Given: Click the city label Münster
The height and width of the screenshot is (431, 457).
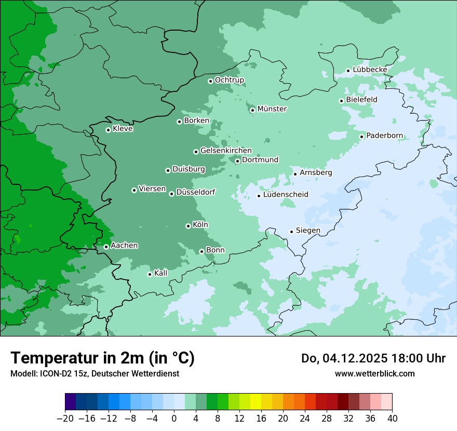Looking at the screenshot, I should pos(272,109).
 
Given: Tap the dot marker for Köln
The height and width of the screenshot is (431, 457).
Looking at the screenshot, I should pos(188,226).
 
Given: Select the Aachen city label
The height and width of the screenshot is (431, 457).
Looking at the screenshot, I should pos(124,246).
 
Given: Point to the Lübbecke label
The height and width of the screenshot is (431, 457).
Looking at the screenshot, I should pos(370,70).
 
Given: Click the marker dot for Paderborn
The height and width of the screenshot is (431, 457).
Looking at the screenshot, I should pos(362,137).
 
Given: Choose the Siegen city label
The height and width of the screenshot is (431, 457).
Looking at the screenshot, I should pos(308,231).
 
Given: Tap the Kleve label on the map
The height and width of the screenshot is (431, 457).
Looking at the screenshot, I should pos(123,129).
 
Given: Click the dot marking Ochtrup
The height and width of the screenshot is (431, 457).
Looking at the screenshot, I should pos(210,81).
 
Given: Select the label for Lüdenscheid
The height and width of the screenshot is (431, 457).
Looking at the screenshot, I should pos(286,195).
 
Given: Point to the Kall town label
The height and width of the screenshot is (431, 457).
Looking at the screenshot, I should pos(161,273).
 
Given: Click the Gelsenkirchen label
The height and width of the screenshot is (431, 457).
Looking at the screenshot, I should pos(226,151).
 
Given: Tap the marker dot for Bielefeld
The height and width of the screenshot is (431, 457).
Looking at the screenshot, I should pos(342,101).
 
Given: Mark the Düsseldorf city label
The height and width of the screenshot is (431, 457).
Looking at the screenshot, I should pos(196,192).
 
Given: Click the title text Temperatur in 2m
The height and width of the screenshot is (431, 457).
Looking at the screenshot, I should pos(102,358).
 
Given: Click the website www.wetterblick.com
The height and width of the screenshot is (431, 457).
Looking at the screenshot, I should pos(374,373).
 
